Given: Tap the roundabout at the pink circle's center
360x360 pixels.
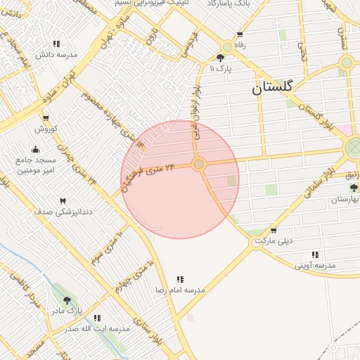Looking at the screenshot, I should pyautogui.click(x=199, y=164).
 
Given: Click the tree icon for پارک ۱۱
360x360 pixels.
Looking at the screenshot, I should pyautogui.click(x=221, y=58).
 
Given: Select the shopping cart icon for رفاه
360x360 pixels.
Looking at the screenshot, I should pyautogui.click(x=240, y=34).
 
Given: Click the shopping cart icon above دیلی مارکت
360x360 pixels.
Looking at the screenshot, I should pyautogui.click(x=274, y=230).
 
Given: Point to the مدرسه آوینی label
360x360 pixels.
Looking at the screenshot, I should pyautogui.click(x=315, y=266).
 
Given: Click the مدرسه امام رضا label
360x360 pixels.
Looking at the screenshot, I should pyautogui.click(x=180, y=290).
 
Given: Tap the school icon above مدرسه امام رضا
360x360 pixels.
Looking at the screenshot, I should pyautogui.click(x=180, y=279).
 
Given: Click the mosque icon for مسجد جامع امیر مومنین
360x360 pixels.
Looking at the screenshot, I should pyautogui.click(x=36, y=149).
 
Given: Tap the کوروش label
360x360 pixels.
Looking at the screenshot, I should pyautogui.click(x=45, y=129).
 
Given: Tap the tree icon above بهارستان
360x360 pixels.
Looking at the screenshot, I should pyautogui.click(x=354, y=188).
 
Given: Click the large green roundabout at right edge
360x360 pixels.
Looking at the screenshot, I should pyautogui.click(x=355, y=148).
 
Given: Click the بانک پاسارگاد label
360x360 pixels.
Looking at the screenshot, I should pyautogui.click(x=229, y=4).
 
